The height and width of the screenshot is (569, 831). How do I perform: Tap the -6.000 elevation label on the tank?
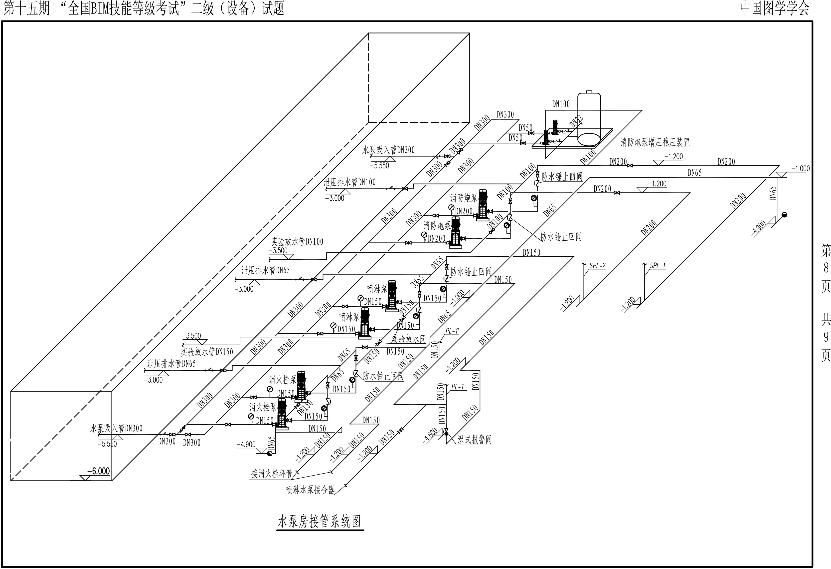pyautogui.click(x=98, y=471)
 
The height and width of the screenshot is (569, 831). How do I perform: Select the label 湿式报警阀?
pyautogui.click(x=475, y=440)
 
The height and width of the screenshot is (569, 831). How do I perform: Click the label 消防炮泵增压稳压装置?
pyautogui.click(x=655, y=142)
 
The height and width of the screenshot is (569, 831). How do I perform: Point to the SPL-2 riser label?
pyautogui.click(x=598, y=266)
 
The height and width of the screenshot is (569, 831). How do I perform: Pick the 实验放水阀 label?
pyautogui.click(x=409, y=339)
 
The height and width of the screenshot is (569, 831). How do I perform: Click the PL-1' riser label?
pyautogui.click(x=452, y=331)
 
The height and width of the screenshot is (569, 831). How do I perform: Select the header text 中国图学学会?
pyautogui.click(x=774, y=8)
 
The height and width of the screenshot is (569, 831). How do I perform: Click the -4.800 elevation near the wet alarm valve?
pyautogui.click(x=430, y=436)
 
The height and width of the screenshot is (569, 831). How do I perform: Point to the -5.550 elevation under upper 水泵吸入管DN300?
pyautogui.click(x=379, y=166)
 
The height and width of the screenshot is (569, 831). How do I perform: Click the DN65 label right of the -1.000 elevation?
pyautogui.click(x=773, y=193)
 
